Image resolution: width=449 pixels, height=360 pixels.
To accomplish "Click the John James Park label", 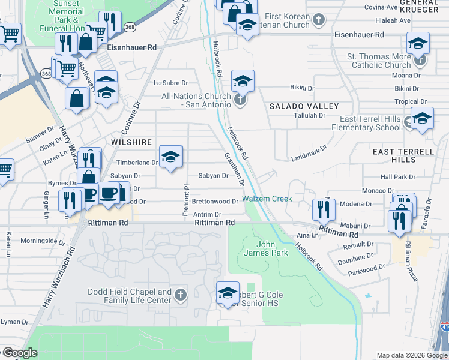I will coord(273,248).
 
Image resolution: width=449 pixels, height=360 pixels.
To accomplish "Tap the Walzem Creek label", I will coord(267,199).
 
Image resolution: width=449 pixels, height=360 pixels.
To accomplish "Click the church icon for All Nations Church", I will coord(240,100).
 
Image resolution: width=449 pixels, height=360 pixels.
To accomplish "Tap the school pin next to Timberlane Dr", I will coord(171,157).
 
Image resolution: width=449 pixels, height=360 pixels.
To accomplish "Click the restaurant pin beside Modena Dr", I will coord(323,209).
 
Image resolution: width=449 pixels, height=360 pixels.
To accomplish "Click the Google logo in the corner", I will coord(19,353).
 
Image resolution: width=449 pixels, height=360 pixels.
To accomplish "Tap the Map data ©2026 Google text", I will coord(412,355).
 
